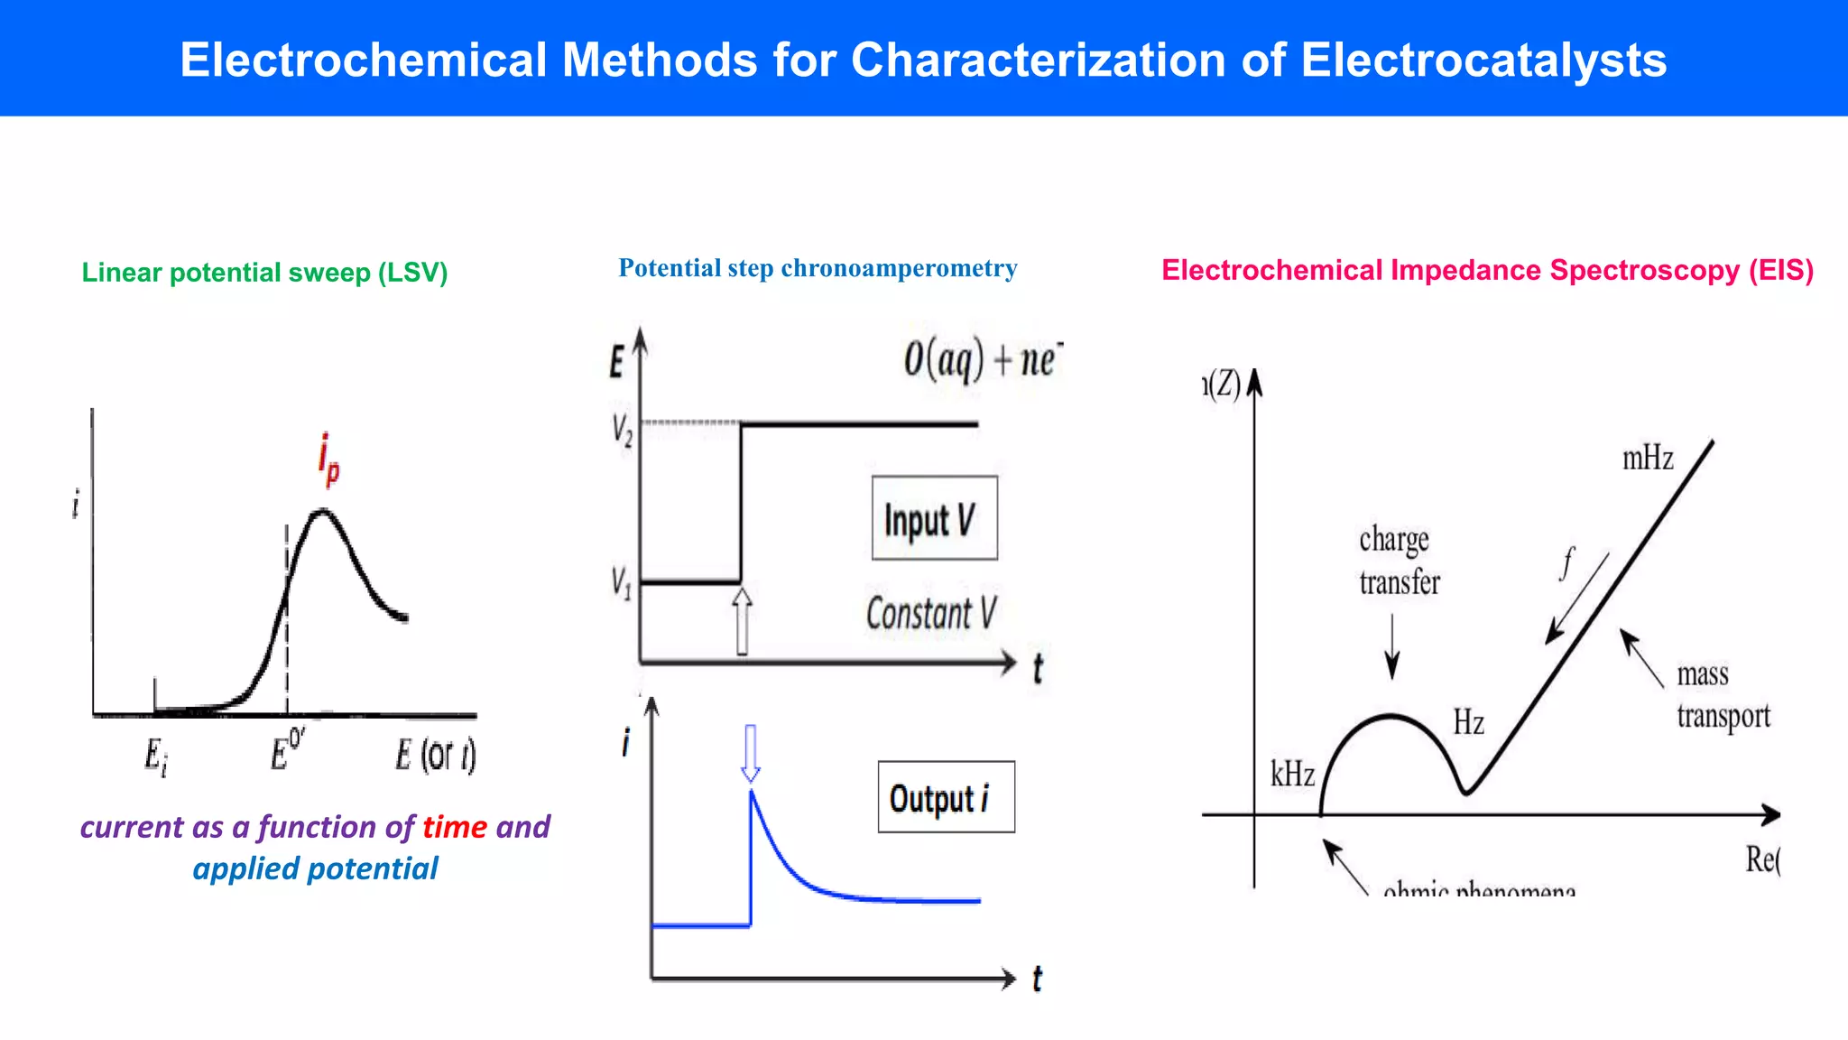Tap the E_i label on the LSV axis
[155, 757]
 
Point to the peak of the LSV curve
[322, 513]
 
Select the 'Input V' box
[934, 518]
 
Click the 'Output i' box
[946, 797]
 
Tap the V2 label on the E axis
[622, 430]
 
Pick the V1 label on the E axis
[621, 582]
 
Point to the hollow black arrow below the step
[742, 621]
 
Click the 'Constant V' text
[931, 614]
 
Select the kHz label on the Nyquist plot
[1292, 775]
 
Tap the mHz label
[1648, 459]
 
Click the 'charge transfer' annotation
[1399, 561]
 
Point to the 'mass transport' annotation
[1723, 695]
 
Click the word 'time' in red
[455, 827]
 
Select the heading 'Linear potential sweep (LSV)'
[264, 273]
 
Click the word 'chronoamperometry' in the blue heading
[899, 268]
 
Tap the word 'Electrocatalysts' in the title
[1483, 60]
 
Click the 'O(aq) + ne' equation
[983, 359]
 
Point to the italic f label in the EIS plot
[1567, 562]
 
